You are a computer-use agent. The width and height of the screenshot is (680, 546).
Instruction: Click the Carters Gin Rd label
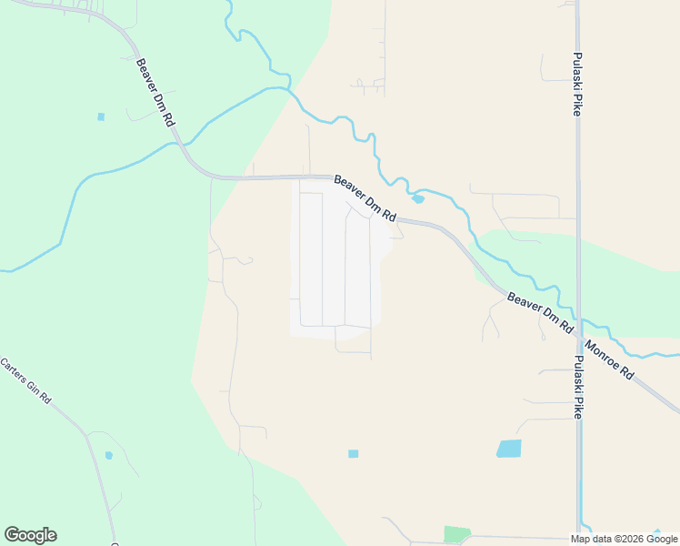tap(25, 381)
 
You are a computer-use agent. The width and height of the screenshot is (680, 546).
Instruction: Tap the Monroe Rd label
tap(609, 360)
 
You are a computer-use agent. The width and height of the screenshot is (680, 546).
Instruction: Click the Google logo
tap(30, 535)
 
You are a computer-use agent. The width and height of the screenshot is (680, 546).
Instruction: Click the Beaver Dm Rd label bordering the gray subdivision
tap(365, 198)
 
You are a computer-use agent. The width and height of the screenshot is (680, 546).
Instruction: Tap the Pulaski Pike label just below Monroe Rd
tap(579, 387)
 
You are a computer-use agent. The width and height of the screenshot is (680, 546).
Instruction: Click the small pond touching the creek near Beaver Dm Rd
tap(417, 199)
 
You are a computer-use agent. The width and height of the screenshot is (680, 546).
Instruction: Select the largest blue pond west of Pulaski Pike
tap(509, 448)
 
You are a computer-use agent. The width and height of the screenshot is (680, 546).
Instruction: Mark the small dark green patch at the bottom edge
tap(457, 534)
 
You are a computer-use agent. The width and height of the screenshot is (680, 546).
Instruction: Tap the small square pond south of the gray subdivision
tap(353, 453)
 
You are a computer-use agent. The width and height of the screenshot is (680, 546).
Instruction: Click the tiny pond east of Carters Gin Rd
tap(109, 455)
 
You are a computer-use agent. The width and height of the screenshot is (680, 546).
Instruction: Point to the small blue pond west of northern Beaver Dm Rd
tap(101, 116)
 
